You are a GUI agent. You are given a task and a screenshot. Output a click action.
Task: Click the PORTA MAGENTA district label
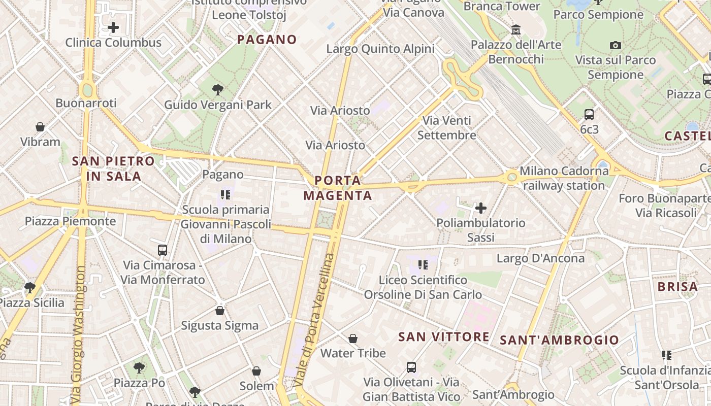pos(338,188)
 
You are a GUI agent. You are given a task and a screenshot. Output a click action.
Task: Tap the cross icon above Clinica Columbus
pos(113,27)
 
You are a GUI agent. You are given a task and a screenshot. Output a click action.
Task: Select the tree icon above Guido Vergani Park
pos(218,90)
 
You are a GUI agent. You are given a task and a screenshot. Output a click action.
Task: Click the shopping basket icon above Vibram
pos(40,127)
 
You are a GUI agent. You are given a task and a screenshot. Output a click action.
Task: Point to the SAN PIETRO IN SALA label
pos(113,168)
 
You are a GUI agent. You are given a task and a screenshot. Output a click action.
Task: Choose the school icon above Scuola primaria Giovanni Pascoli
pos(225,194)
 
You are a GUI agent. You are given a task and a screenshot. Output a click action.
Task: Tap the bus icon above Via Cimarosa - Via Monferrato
pos(163,250)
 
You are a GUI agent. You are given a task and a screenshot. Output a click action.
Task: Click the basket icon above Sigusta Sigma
pos(220,310)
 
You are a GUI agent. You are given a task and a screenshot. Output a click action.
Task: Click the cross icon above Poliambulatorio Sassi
pos(480,208)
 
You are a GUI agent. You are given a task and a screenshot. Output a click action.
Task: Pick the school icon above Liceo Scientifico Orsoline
pos(423,264)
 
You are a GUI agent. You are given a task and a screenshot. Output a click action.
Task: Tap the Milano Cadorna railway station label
pos(564,178)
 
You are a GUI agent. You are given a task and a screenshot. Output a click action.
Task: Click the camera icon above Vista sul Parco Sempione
pos(616,46)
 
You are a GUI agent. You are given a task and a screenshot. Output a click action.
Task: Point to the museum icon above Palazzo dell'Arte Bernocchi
pos(516,30)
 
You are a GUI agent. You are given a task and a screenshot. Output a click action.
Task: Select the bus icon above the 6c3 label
pos(589,115)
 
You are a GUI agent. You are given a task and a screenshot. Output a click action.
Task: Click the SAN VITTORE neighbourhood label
pos(444,336)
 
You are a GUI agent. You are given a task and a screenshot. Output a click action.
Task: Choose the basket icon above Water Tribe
pos(353,338)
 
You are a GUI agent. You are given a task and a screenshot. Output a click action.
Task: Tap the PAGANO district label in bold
pos(267,40)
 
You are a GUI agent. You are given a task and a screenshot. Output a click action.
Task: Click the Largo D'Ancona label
pos(540,258)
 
